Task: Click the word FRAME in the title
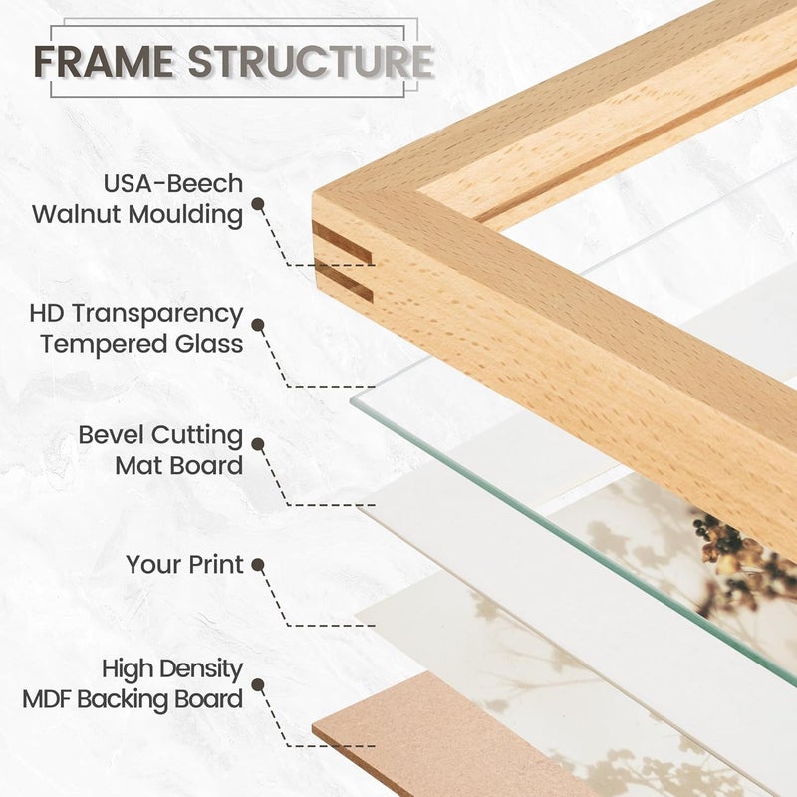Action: click(105, 62)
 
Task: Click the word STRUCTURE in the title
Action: click(311, 62)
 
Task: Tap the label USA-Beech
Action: click(173, 184)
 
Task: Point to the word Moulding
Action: click(185, 215)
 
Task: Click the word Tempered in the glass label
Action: click(105, 345)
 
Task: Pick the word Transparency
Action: click(157, 315)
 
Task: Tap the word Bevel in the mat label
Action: click(112, 435)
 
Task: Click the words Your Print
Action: click(184, 565)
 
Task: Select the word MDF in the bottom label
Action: click(47, 699)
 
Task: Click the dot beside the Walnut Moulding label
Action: click(258, 204)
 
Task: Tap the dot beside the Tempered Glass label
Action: click(258, 326)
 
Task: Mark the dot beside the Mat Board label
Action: click(258, 444)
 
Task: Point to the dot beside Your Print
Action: click(258, 565)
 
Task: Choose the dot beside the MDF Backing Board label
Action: click(258, 684)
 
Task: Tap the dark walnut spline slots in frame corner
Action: click(342, 262)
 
